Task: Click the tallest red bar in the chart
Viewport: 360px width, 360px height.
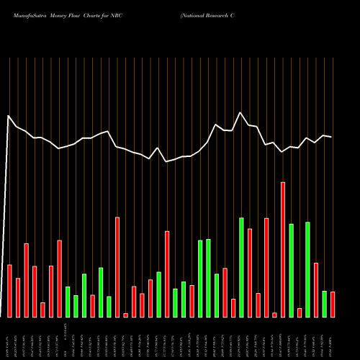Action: [283, 249]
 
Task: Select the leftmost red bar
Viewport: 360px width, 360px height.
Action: [9, 291]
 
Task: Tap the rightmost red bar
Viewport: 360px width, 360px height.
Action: [333, 304]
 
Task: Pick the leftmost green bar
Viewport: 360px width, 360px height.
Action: [68, 302]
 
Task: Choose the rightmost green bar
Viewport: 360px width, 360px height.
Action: [324, 304]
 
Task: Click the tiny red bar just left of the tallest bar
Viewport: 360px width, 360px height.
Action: [274, 315]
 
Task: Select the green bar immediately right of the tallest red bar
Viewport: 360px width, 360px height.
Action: [291, 270]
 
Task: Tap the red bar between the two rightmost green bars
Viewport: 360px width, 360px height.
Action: [316, 289]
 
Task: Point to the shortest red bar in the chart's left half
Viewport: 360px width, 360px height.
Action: [125, 315]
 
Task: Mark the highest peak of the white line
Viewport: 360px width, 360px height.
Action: [241, 112]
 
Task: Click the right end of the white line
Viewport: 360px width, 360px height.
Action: [332, 137]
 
